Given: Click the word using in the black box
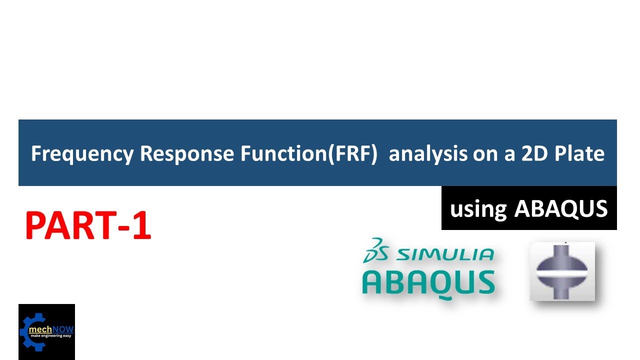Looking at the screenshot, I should click(x=478, y=209).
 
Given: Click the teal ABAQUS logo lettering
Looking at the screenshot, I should click(x=428, y=282).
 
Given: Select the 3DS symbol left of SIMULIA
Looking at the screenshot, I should click(x=376, y=249).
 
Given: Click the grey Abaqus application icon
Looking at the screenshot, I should click(x=562, y=271).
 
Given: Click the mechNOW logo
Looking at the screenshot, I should click(x=46, y=332).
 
